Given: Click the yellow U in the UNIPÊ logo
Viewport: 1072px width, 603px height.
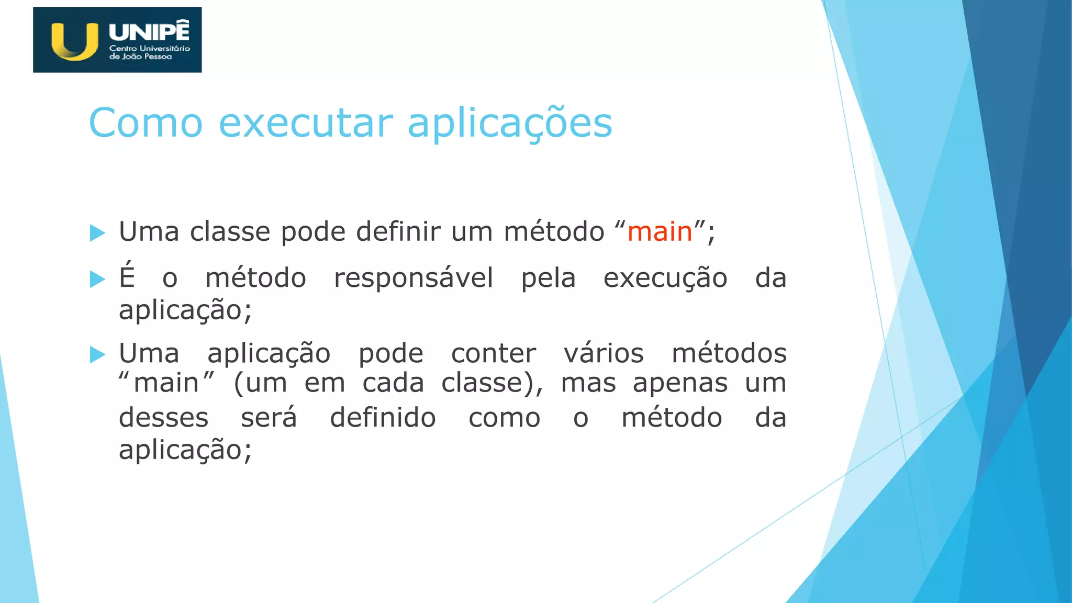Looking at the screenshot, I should coord(74,41).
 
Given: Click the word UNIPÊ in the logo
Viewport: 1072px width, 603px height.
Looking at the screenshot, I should coord(149,31).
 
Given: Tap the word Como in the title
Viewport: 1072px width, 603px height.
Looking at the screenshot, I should coord(146,123).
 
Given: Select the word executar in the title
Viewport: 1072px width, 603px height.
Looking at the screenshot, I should coord(305,123).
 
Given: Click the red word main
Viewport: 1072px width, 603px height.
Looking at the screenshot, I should coord(660,231).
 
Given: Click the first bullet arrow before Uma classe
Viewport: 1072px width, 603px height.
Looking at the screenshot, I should coord(97,233).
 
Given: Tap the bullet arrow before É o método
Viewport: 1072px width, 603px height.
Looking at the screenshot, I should coord(97,279).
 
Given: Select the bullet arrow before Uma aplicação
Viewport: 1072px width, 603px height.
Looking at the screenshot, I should coord(97,354).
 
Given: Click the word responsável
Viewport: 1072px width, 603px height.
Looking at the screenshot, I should coord(414,278).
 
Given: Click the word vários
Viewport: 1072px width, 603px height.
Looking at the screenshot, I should coord(604,353).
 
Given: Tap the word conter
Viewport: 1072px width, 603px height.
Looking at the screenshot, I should coord(493,353).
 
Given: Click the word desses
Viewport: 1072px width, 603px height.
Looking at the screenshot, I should coord(163,418).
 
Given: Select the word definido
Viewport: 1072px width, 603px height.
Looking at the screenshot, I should coord(383,418).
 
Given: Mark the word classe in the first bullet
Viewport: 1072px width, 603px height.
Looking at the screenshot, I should coord(230,231).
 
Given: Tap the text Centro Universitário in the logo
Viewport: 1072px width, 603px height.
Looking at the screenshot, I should coord(149,48).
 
